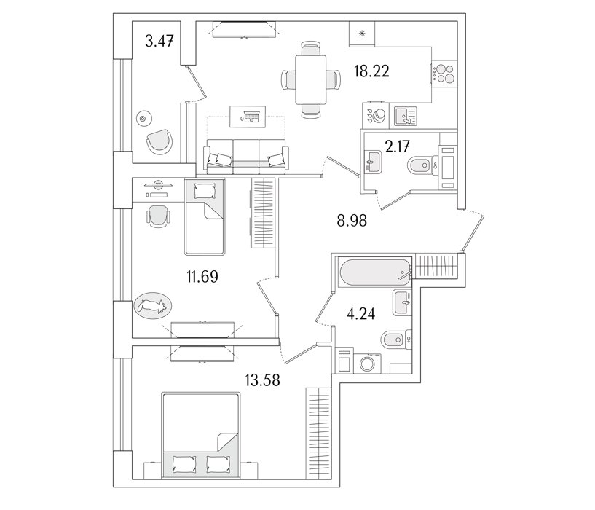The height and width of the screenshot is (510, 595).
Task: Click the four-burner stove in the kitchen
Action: click(444, 73)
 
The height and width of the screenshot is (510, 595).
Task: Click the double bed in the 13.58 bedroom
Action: click(201, 437)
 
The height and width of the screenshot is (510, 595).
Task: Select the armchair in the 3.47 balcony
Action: click(160, 141)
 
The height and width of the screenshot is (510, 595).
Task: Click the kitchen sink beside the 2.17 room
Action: click(402, 115)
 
